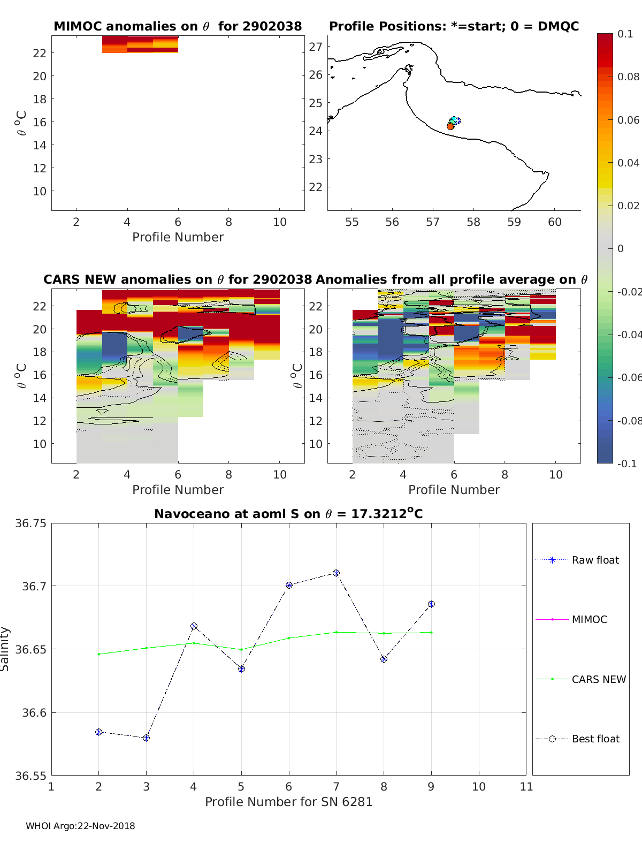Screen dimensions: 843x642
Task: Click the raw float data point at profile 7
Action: point(336,573)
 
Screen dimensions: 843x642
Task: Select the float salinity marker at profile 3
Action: point(146,738)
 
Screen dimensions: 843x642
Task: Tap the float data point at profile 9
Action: point(431,604)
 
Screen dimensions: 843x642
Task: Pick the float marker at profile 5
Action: point(241,669)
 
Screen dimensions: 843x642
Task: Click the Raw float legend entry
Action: point(595,560)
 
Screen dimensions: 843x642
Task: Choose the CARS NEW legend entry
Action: point(598,679)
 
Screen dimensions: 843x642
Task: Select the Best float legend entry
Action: point(595,739)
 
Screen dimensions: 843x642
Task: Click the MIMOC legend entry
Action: point(589,619)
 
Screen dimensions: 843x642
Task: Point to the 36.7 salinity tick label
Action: point(34,586)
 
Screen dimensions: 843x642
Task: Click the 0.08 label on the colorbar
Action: point(628,77)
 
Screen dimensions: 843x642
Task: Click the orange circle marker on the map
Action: point(450,126)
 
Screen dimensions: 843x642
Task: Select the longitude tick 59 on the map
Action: point(514,222)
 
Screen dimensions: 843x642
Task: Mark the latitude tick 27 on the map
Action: point(316,47)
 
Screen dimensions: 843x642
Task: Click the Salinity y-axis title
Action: point(5,649)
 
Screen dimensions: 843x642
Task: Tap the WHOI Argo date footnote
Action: point(80,826)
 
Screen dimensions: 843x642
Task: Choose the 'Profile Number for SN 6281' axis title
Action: point(288,802)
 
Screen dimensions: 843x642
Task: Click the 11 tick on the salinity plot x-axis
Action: point(526,786)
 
